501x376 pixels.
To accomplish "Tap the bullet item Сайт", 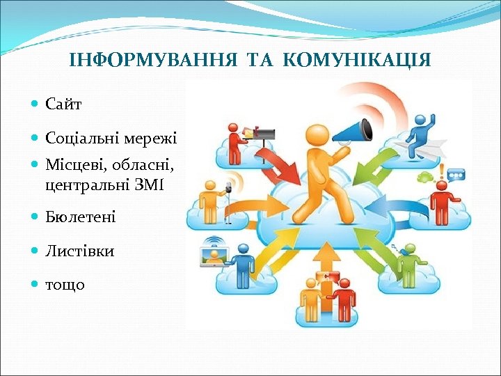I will [63, 104].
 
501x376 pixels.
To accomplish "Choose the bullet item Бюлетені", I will [81, 217].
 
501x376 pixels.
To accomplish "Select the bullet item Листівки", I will [79, 251].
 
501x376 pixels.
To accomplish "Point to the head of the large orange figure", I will [317, 135].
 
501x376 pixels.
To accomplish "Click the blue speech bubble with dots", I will [455, 173].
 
